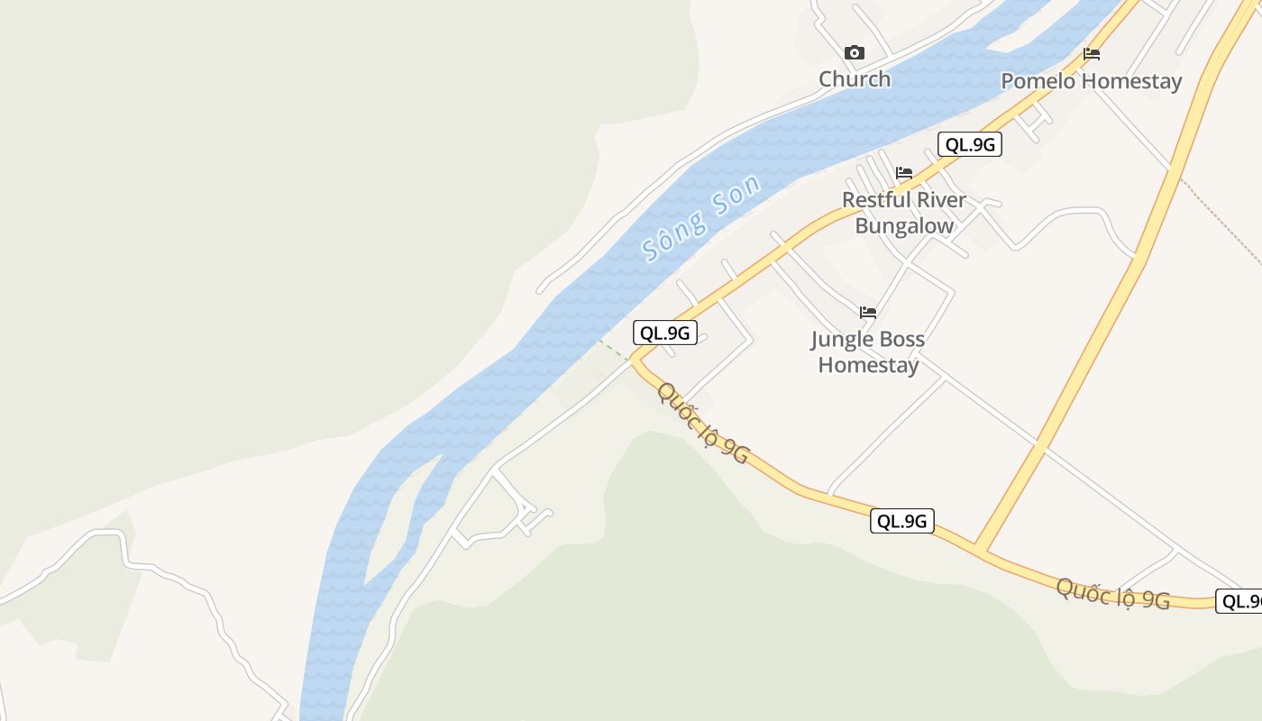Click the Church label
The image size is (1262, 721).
click(855, 79)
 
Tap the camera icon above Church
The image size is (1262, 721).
click(854, 53)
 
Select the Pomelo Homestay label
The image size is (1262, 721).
click(1091, 81)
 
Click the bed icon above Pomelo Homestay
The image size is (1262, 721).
click(1092, 54)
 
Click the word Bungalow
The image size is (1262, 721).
click(904, 225)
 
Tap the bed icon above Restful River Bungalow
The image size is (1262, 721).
click(904, 173)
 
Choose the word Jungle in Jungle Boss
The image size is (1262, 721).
click(842, 340)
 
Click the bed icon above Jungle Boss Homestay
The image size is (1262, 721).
click(868, 313)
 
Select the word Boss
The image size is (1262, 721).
click(902, 340)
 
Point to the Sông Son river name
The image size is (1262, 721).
click(700, 217)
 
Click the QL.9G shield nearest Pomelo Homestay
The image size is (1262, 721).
click(970, 144)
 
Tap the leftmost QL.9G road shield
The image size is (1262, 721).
click(665, 333)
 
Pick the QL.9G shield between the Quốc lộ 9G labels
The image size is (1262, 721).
click(902, 521)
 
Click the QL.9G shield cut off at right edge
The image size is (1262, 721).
click(1239, 601)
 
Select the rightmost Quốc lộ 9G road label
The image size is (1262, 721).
click(1112, 594)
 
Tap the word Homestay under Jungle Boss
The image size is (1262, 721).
click(868, 365)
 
